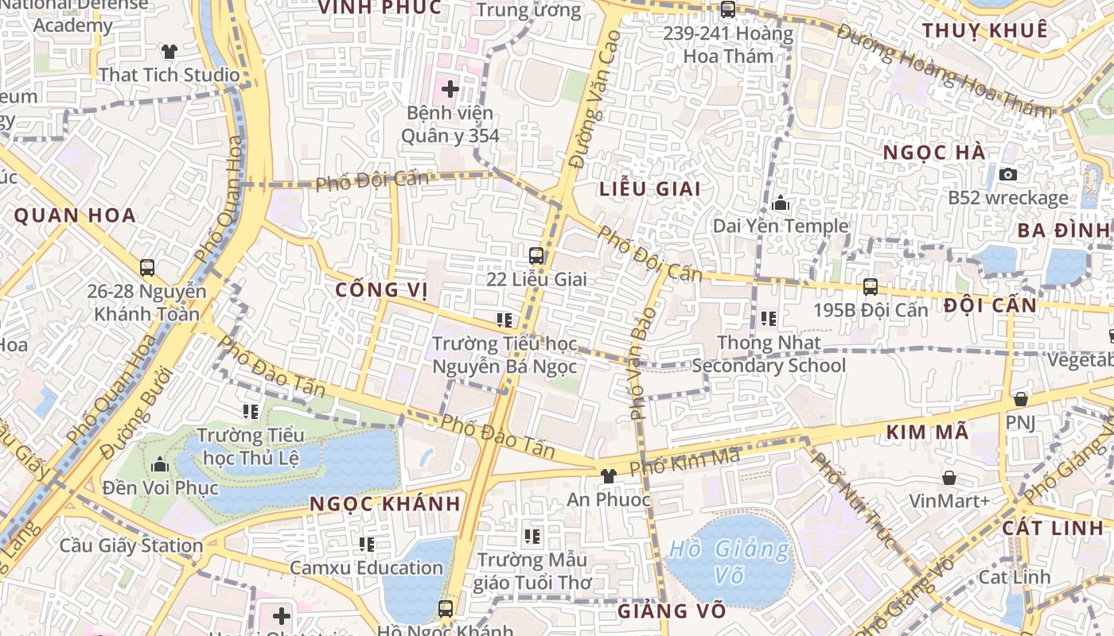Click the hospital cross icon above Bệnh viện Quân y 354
(x=450, y=89)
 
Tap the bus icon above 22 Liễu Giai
(x=536, y=256)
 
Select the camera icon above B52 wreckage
(x=1008, y=174)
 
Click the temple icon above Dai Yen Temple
(x=781, y=203)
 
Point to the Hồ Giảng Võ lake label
(x=730, y=561)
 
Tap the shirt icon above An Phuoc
(x=609, y=476)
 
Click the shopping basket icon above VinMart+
(x=949, y=478)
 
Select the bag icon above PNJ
(x=1021, y=399)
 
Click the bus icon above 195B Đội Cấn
(x=871, y=287)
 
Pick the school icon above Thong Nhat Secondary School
(x=769, y=319)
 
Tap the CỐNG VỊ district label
(x=382, y=289)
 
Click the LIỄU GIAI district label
(x=650, y=189)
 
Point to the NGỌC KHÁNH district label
(x=385, y=504)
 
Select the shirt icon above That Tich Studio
(x=169, y=52)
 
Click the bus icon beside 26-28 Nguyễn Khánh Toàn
(x=147, y=268)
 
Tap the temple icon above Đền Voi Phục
(x=160, y=463)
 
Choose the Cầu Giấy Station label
(x=131, y=546)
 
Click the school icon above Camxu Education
(x=366, y=545)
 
